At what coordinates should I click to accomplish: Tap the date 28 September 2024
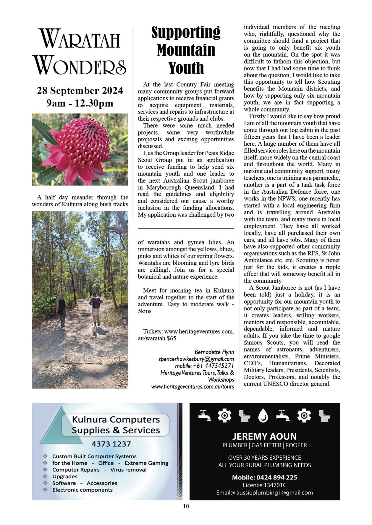click(x=80, y=91)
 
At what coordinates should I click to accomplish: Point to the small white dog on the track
click(x=94, y=330)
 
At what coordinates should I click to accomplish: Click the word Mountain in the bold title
click(x=186, y=50)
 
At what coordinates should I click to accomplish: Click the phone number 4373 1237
click(x=111, y=444)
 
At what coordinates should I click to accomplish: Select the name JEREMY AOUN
click(x=264, y=436)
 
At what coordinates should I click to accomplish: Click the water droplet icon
click(x=263, y=416)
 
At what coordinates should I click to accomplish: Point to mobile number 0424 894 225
click(x=277, y=477)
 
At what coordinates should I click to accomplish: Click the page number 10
click(x=186, y=506)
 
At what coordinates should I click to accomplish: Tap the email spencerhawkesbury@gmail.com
click(x=196, y=359)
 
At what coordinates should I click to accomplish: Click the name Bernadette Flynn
click(x=214, y=352)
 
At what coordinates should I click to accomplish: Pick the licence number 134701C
click(x=275, y=485)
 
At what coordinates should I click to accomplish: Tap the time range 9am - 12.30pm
click(x=80, y=103)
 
